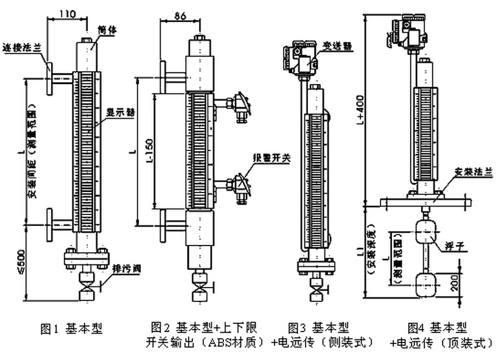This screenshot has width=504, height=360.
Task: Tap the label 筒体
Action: (108, 29)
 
